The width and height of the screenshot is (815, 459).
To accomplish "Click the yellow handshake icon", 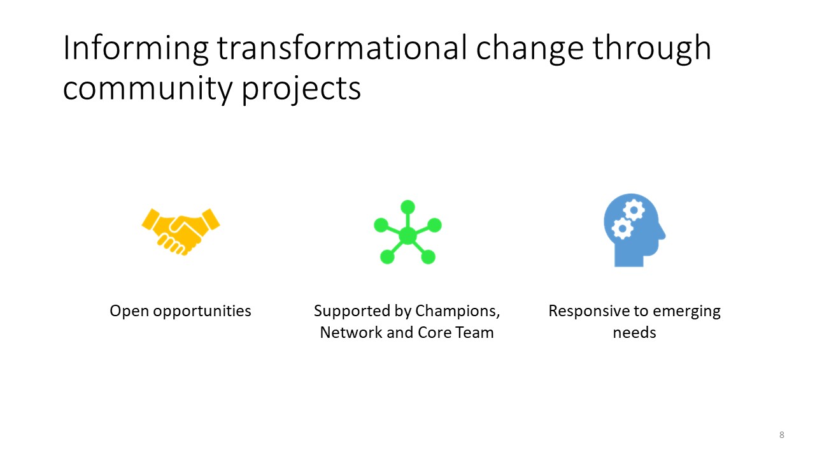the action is [x=181, y=231].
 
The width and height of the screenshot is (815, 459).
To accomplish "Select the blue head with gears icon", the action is [x=634, y=230].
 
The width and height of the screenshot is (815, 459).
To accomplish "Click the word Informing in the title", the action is [x=136, y=48].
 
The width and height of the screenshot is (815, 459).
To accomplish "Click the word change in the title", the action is [x=530, y=49].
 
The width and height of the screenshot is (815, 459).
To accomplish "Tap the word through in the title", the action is [x=652, y=49].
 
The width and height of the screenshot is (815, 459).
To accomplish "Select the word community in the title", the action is [x=148, y=89].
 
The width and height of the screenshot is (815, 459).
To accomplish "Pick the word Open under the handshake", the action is [x=129, y=311].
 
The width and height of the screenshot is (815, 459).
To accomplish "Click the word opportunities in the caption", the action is [x=202, y=311].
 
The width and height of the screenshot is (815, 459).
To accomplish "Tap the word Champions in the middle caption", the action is [x=457, y=311].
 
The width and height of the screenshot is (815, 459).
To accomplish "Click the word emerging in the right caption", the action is [x=686, y=312].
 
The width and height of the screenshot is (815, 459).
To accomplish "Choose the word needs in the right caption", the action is [x=634, y=333].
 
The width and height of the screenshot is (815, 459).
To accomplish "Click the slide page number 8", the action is [x=781, y=435].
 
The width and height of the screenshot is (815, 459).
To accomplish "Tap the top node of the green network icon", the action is [x=407, y=207].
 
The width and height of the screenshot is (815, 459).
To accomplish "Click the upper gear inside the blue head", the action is [x=634, y=210].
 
